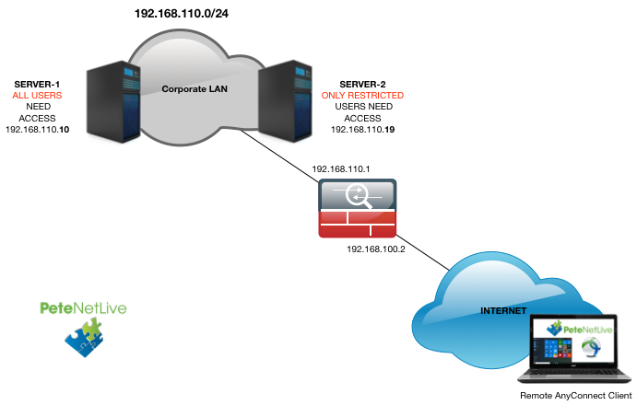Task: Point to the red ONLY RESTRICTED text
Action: [362, 96]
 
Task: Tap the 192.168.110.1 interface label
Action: [342, 170]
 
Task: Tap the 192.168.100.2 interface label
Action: [377, 249]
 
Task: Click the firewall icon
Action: [357, 210]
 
